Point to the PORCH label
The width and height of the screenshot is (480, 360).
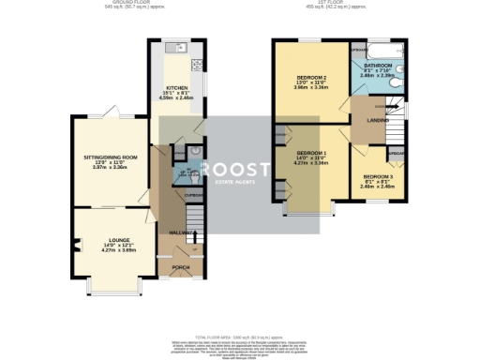tap(180, 268)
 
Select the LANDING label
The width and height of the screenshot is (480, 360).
tap(378, 119)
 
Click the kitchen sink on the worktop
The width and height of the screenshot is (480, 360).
tap(173, 47)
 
